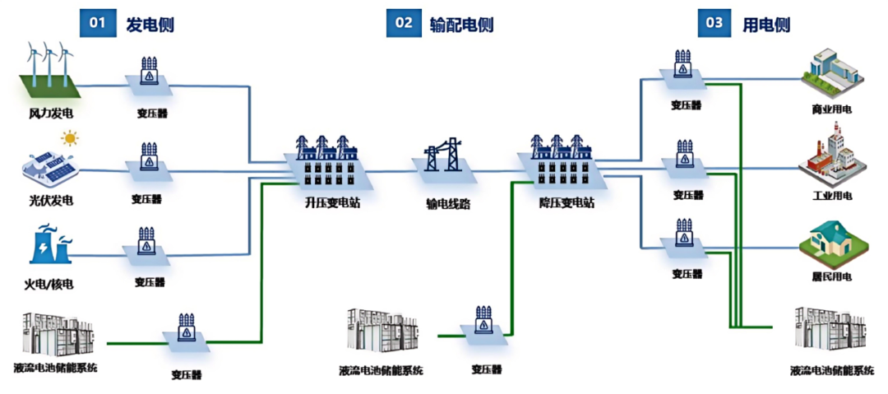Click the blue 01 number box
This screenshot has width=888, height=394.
(98, 22)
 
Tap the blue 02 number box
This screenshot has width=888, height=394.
(404, 22)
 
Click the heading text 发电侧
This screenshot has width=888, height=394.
(150, 24)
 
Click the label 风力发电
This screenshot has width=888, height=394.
(51, 113)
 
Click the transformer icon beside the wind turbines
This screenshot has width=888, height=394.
(149, 75)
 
